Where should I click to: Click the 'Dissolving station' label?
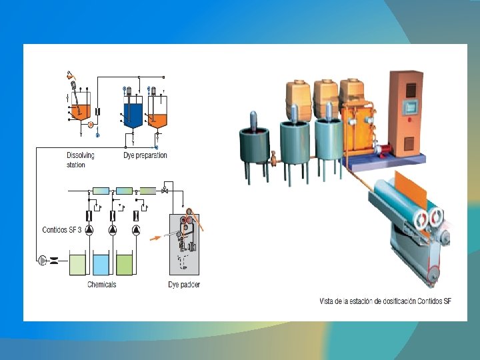click(80, 160)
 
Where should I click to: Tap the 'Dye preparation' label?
click(145, 155)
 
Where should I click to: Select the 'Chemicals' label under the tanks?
click(101, 285)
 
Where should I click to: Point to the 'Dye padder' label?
click(183, 285)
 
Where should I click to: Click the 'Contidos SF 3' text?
click(62, 230)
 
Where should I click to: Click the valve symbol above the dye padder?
click(164, 191)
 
